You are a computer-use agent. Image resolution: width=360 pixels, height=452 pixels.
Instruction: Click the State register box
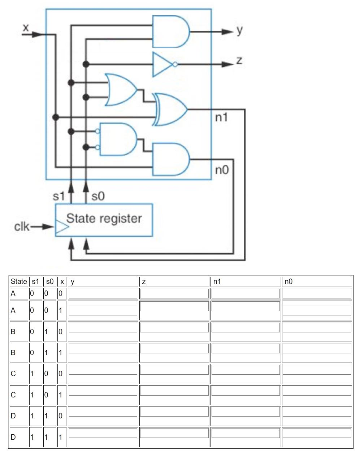click(x=104, y=220)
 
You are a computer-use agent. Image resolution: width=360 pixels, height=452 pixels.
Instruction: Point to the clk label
click(x=22, y=227)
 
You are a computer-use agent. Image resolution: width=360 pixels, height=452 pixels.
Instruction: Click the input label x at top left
click(x=25, y=27)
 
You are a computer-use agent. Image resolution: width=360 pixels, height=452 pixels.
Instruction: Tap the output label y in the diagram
click(x=240, y=31)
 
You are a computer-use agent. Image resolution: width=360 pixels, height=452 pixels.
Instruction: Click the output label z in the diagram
click(x=239, y=61)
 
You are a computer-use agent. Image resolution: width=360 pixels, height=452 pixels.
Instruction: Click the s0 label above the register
click(x=98, y=196)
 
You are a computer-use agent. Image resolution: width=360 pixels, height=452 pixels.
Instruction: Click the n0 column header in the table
click(x=289, y=281)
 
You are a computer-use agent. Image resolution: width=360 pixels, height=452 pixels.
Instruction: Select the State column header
click(x=19, y=281)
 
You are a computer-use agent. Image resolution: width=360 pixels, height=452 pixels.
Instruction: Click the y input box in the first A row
click(x=103, y=293)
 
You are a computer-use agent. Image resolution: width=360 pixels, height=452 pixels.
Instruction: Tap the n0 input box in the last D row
click(x=317, y=433)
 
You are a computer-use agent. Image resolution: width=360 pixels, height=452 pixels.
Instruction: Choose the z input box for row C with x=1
click(x=174, y=391)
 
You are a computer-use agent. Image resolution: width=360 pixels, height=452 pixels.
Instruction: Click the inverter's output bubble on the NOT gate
click(x=175, y=64)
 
